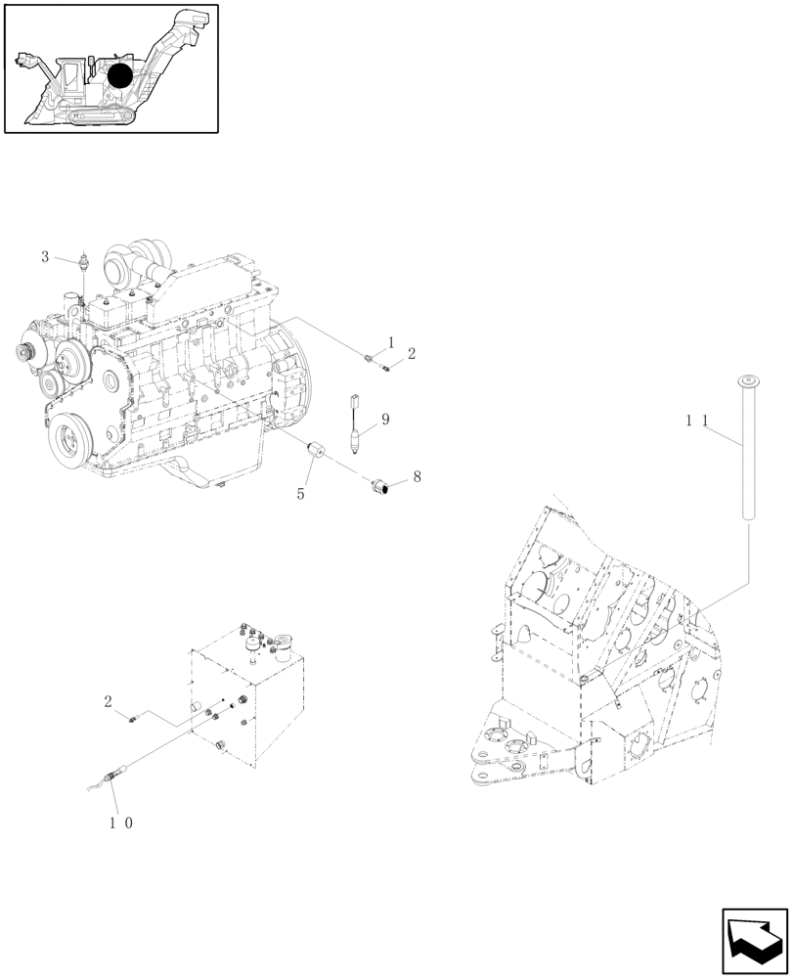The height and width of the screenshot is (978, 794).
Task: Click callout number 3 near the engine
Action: coord(45,256)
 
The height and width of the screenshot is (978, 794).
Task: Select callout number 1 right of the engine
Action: coord(391,342)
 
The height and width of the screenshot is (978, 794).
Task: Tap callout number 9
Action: coord(385,419)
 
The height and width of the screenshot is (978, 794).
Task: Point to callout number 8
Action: coord(417,476)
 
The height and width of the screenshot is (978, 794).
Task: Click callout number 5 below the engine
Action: coord(301,494)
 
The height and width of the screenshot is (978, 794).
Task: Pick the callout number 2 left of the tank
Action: coord(109,700)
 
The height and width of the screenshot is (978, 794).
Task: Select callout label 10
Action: coord(120,822)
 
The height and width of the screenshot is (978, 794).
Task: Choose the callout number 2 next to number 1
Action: coord(412,353)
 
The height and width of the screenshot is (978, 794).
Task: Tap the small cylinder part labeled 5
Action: coord(316,455)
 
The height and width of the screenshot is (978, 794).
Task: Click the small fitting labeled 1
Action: coord(369,359)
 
